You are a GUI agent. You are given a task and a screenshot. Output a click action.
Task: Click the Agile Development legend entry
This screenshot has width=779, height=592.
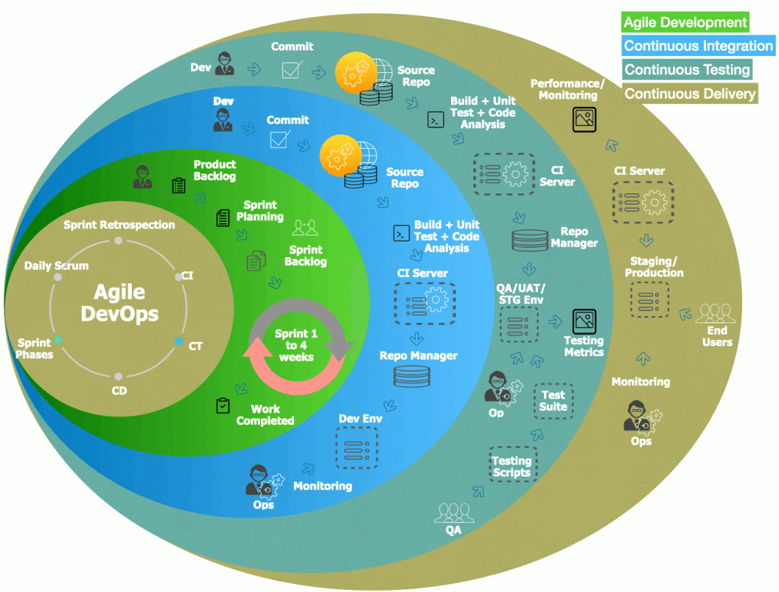pos(685,23)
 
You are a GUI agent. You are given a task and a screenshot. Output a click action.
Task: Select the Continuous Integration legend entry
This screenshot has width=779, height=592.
pos(698,46)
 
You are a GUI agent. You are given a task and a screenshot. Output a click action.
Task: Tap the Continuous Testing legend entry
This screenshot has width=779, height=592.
pos(687,69)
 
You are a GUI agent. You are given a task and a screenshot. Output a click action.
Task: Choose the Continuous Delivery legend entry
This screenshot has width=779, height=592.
pos(690,93)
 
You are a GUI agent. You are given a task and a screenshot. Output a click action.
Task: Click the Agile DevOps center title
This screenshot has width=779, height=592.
pos(119,303)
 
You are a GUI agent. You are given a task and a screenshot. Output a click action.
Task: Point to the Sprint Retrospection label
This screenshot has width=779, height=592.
pos(119,225)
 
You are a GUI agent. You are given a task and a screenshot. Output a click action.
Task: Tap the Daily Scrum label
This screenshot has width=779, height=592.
pos(57,266)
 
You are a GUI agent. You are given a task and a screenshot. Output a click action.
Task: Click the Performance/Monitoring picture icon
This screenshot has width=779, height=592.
pos(584,118)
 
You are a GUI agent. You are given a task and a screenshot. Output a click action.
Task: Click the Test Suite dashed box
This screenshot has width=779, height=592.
pos(553,401)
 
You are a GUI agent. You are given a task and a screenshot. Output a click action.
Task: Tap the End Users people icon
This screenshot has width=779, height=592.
pos(716,314)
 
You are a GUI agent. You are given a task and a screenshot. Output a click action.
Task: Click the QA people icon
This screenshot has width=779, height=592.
pos(453,512)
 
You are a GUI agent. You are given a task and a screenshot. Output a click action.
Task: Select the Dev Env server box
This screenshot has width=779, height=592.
pos(356,448)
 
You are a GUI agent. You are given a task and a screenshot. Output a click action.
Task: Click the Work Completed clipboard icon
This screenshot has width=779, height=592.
pos(223,406)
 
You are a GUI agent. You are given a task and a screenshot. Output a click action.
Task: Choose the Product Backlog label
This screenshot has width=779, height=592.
pos(215,170)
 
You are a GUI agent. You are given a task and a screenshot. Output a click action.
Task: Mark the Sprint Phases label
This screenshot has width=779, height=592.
pos(35,348)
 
